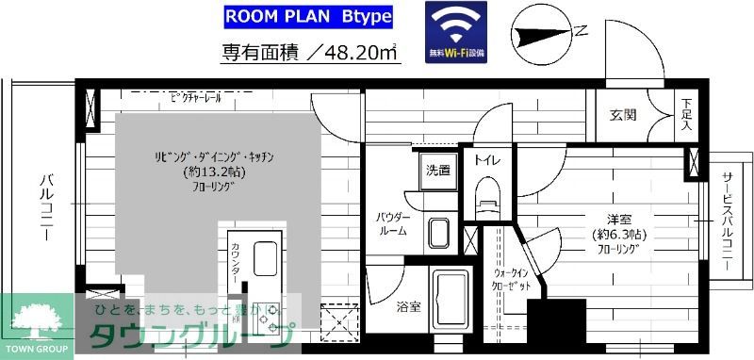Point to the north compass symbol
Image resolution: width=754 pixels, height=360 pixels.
[548, 32]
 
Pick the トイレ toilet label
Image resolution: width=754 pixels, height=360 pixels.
[487, 160]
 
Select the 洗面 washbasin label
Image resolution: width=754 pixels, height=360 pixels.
[437, 171]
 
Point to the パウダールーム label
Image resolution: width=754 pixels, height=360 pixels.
[393, 222]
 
